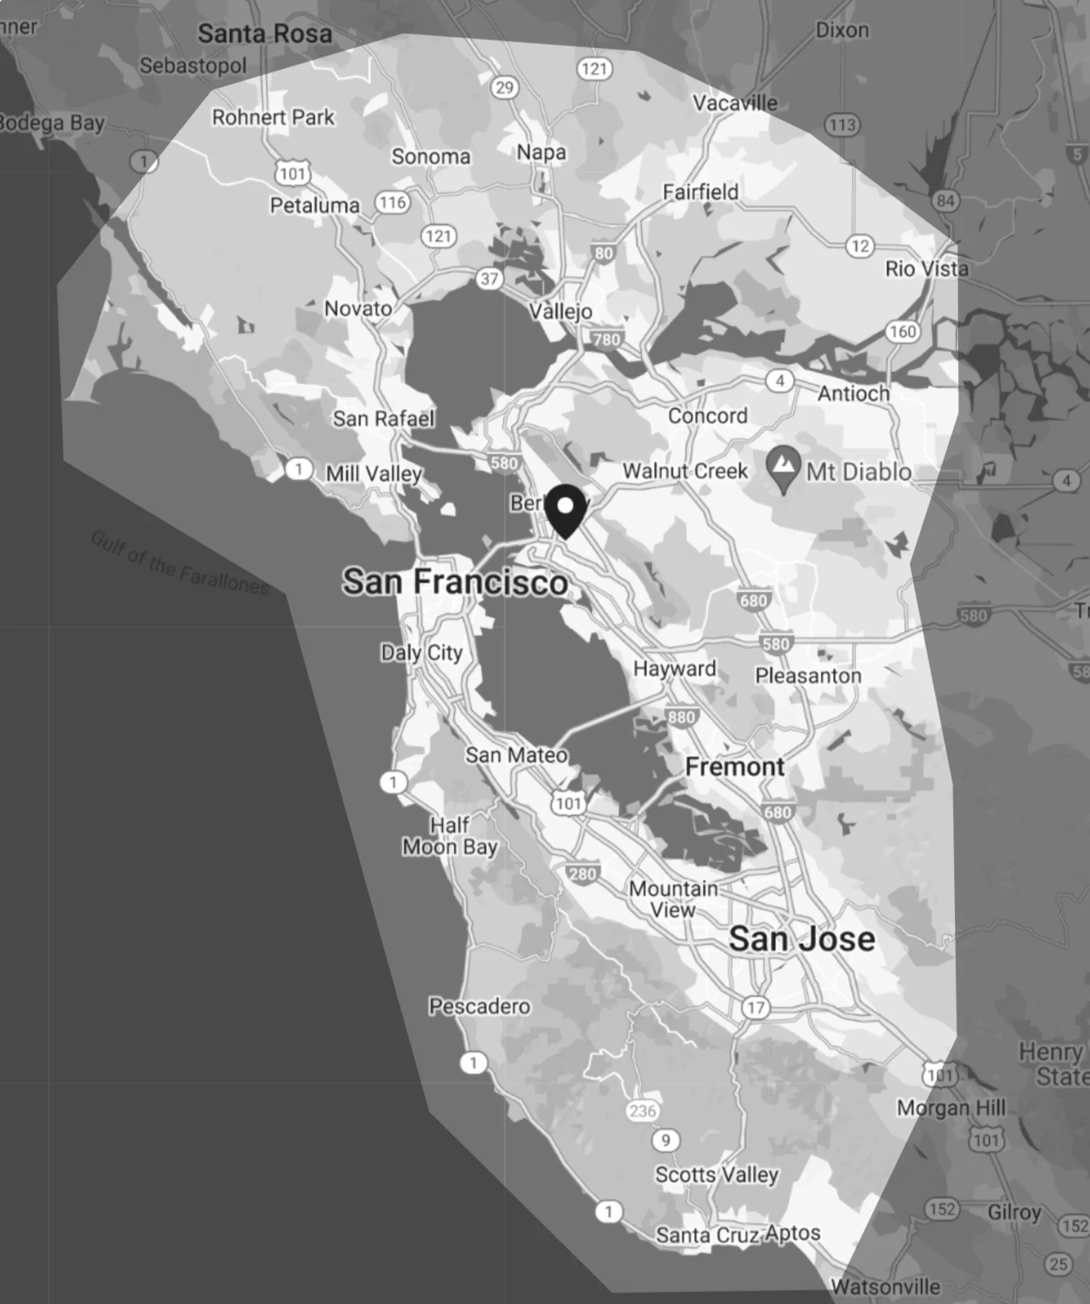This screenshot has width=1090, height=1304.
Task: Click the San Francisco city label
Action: point(455,582)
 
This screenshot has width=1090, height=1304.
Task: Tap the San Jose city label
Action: point(801,938)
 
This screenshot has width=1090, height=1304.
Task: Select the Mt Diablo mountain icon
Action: point(784,467)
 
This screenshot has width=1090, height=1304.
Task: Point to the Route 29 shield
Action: point(505,87)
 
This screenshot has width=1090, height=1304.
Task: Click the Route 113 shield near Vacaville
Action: point(842,124)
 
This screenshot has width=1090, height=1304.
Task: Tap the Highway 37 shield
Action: point(489,278)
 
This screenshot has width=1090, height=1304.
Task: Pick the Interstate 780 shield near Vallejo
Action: point(606,339)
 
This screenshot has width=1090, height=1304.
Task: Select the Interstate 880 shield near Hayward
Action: point(681,717)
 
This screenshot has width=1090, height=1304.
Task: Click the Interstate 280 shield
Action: point(582,874)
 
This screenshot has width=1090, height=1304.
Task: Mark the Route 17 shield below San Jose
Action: point(756,1007)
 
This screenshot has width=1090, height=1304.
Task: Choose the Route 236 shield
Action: point(643,1110)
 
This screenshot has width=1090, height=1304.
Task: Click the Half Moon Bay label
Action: point(449,836)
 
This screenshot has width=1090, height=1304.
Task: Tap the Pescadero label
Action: point(479,1006)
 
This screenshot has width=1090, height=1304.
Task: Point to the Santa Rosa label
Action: point(265,34)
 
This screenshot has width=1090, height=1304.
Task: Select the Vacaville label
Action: point(734,103)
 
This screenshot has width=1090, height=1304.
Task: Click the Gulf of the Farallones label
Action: point(180,562)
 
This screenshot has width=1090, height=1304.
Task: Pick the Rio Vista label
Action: point(926,269)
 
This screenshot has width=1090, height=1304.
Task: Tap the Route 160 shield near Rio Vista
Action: point(902,331)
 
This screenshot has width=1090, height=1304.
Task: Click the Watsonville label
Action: point(885,1286)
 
